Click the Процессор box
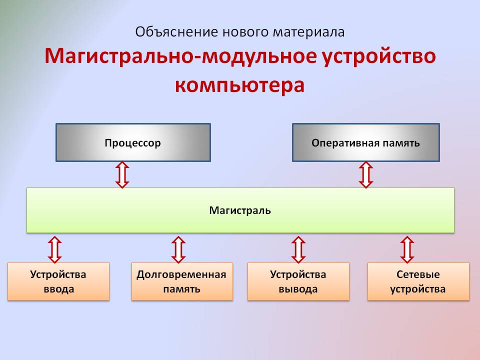(132, 143)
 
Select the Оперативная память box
(365, 143)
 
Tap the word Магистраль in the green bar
(240, 210)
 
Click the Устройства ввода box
(58, 281)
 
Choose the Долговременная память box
(181, 281)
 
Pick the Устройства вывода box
(298, 281)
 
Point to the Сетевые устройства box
(418, 281)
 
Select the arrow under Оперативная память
(366, 174)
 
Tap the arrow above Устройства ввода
(54, 249)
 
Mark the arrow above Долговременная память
(178, 249)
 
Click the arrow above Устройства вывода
(298, 249)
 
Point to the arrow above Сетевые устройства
(407, 249)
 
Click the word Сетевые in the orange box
(418, 274)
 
